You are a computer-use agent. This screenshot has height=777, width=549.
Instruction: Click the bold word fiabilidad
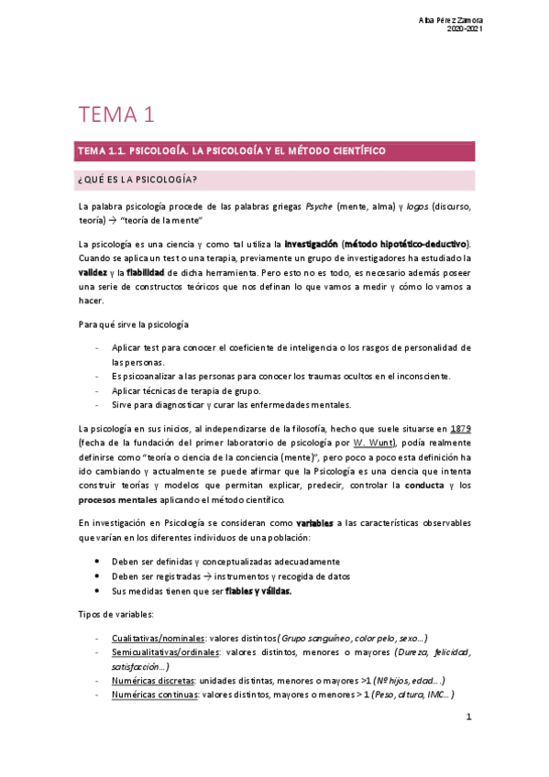point(146,274)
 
